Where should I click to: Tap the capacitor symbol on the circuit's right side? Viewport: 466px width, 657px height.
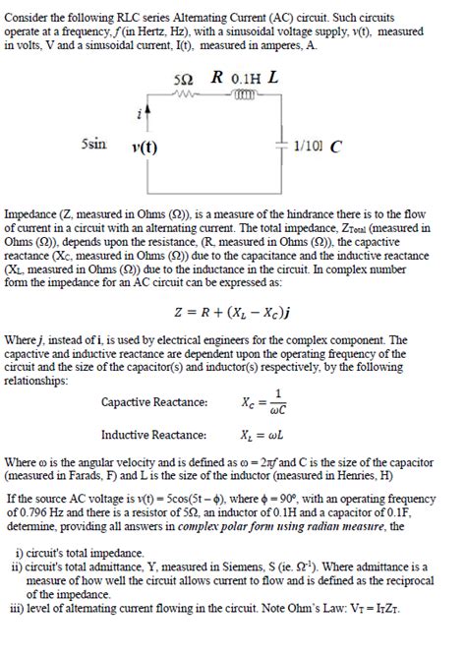point(283,148)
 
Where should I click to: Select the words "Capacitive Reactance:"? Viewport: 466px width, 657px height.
point(154,402)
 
